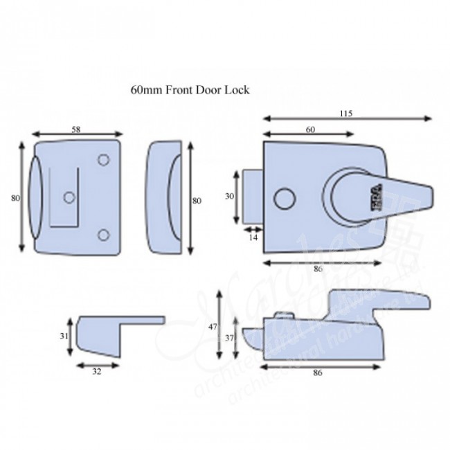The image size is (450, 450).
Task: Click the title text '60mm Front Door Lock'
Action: click(190, 90)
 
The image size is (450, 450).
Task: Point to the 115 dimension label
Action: click(344, 114)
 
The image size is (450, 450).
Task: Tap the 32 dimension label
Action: click(97, 370)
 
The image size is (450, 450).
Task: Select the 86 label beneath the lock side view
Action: click(318, 372)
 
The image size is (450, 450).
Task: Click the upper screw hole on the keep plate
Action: click(103, 160)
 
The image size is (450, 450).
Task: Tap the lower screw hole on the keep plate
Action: click(103, 235)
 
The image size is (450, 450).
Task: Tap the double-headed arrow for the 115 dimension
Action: click(346, 120)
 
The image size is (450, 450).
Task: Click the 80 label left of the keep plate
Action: click(15, 198)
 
